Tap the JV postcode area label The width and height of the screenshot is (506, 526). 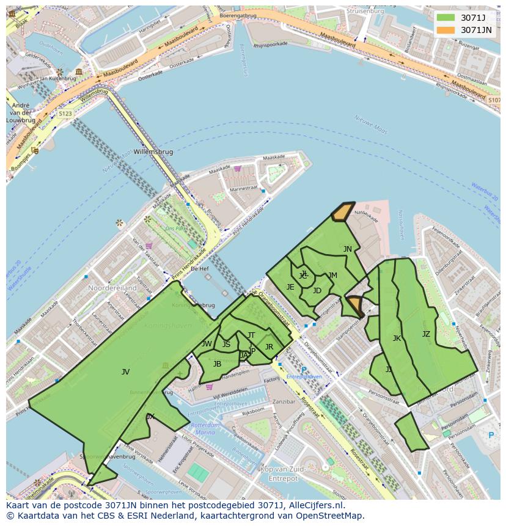125,371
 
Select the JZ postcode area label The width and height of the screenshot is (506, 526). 426,334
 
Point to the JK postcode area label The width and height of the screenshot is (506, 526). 397,338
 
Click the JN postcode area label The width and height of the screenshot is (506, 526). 347,249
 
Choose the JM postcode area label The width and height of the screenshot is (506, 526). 332,276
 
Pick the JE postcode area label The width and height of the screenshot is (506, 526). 290,287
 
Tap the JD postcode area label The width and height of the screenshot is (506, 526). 317,291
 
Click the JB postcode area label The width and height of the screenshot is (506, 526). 217,364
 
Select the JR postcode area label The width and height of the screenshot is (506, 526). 269,347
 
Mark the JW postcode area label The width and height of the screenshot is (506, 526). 207,344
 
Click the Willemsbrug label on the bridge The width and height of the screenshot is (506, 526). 153,152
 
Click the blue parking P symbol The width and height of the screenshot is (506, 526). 491,435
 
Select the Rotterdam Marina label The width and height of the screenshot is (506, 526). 205,428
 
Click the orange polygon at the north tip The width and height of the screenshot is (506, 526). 342,211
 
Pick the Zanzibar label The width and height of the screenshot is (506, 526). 284,401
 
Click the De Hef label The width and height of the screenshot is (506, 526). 200,268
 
